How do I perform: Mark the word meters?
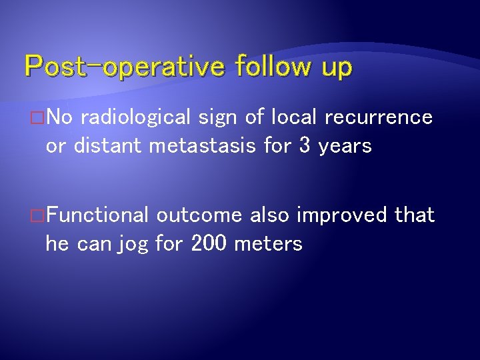pyautogui.click(x=269, y=244)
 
